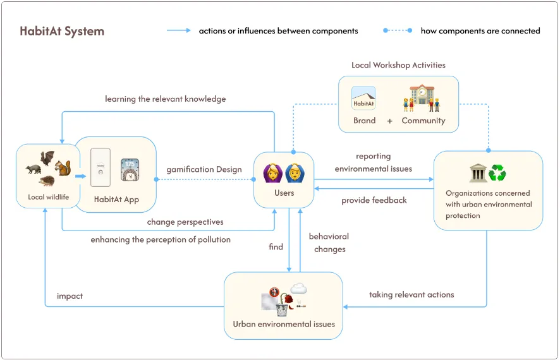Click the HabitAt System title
pyautogui.click(x=61, y=31)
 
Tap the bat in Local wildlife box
pyautogui.click(x=47, y=157)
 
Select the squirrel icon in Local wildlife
pyautogui.click(x=62, y=167)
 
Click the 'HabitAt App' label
pyautogui.click(x=116, y=200)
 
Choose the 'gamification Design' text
pyautogui.click(x=204, y=169)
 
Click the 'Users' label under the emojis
pyautogui.click(x=284, y=193)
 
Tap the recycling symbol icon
pyautogui.click(x=497, y=173)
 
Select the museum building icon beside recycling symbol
pyautogui.click(x=478, y=173)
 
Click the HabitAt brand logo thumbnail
pyautogui.click(x=363, y=99)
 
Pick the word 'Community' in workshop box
pyautogui.click(x=423, y=121)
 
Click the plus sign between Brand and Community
pyautogui.click(x=389, y=121)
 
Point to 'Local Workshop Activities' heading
pyautogui.click(x=398, y=65)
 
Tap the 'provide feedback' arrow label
pyautogui.click(x=374, y=200)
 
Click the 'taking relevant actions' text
pyautogui.click(x=411, y=294)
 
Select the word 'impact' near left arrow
pyautogui.click(x=70, y=296)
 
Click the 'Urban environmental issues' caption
pyautogui.click(x=284, y=325)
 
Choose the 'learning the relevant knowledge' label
pyautogui.click(x=165, y=99)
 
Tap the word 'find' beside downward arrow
pyautogui.click(x=276, y=247)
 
